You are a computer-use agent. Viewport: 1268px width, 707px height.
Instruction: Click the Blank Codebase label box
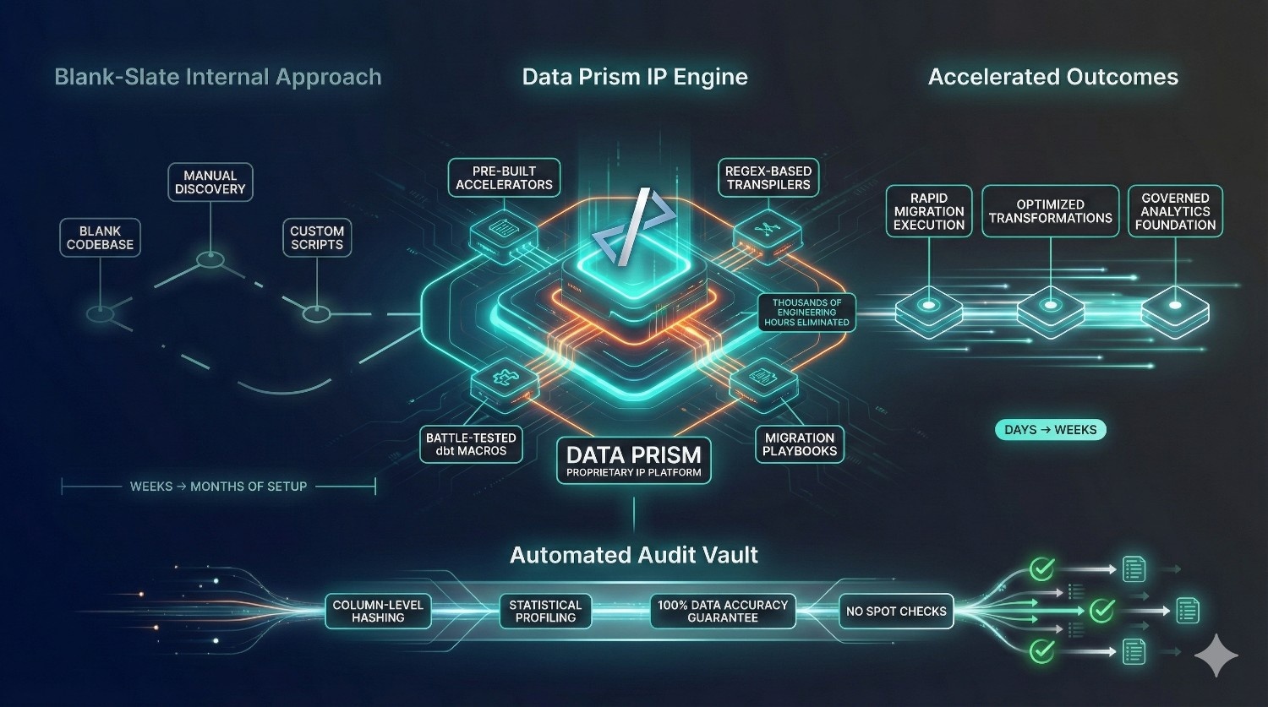pos(100,238)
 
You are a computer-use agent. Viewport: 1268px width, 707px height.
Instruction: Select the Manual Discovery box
pos(210,182)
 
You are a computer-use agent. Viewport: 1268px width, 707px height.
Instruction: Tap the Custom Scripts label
pos(316,238)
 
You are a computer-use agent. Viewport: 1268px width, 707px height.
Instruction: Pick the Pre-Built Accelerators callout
pos(504,178)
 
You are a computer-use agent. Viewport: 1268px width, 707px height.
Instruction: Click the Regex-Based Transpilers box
pos(768,178)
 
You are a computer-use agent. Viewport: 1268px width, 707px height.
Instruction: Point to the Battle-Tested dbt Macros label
pos(471,444)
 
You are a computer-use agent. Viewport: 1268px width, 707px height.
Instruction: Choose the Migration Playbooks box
pos(799,444)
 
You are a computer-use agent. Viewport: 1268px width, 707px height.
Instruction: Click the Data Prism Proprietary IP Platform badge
pos(634,460)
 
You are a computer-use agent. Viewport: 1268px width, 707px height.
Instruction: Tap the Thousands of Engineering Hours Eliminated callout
pos(806,313)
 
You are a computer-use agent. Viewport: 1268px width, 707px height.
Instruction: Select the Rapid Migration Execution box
pos(929,211)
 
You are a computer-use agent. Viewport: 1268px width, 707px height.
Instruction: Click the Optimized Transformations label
pos(1050,211)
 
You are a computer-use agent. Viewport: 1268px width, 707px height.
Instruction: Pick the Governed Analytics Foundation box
pos(1175,211)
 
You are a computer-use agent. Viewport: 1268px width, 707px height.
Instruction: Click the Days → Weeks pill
pos(1050,430)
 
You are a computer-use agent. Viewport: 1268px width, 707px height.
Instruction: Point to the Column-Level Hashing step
pos(378,612)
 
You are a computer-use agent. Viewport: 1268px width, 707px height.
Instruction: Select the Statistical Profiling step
pos(545,612)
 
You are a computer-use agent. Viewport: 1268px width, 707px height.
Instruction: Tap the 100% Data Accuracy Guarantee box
pos(723,612)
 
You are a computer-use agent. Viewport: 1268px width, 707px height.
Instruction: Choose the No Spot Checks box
pos(896,612)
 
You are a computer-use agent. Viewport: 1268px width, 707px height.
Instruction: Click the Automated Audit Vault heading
pos(634,555)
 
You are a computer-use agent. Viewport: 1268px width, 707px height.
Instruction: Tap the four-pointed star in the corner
pos(1216,655)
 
